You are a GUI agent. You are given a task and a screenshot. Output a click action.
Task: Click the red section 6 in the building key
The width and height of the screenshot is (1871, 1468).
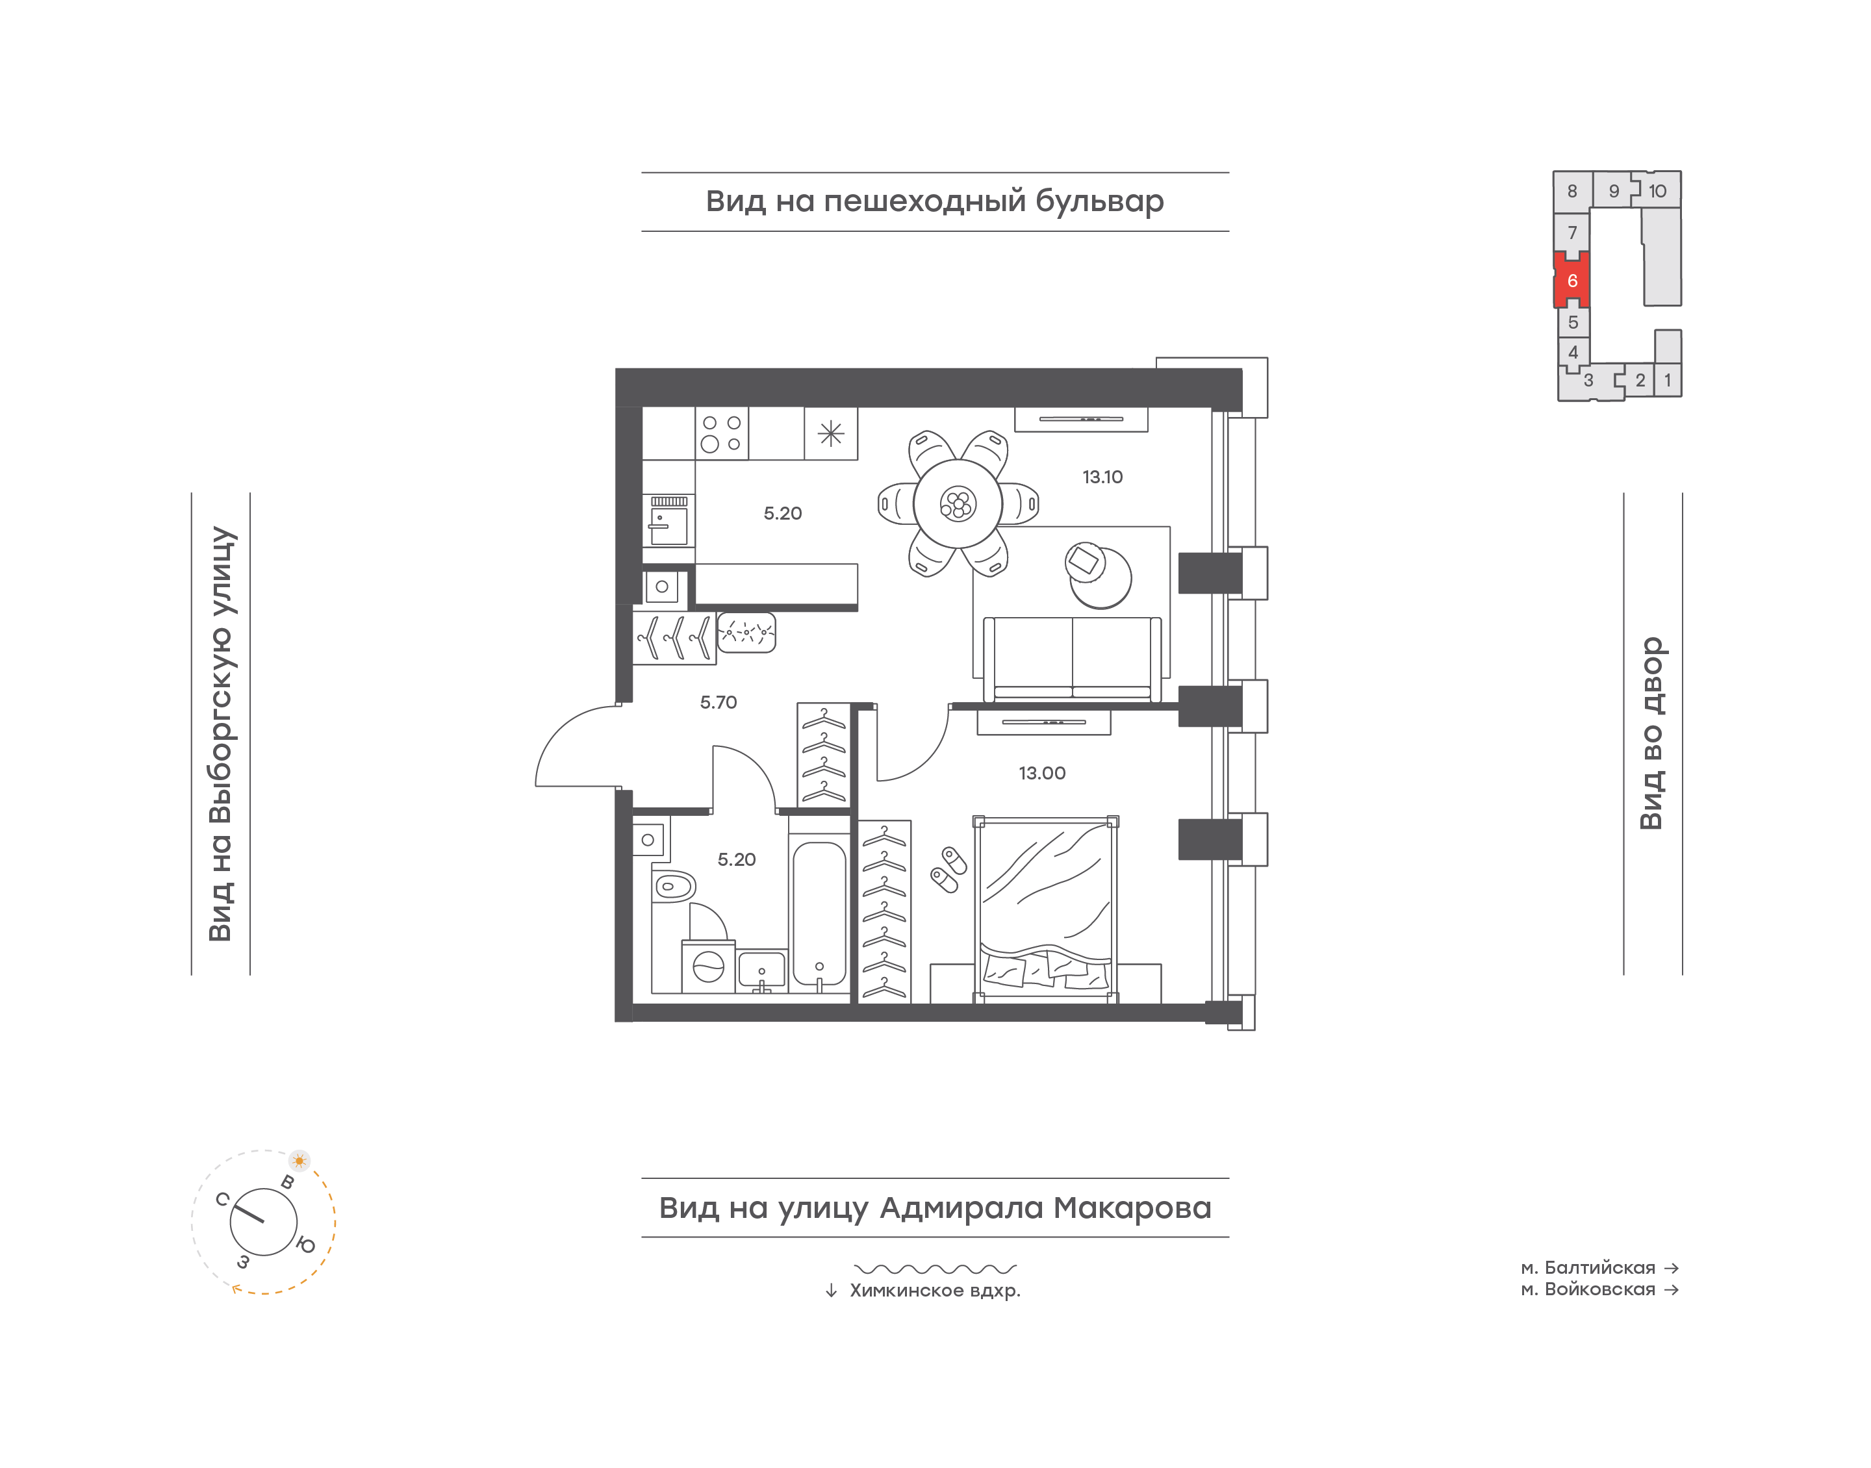[x=1572, y=280]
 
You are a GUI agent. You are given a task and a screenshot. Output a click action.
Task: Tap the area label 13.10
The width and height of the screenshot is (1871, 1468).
[x=1102, y=477]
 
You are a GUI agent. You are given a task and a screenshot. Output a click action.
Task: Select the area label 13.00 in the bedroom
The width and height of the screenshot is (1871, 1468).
[x=1041, y=774]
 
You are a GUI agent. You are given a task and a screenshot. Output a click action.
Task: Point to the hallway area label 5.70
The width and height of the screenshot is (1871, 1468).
[x=719, y=703]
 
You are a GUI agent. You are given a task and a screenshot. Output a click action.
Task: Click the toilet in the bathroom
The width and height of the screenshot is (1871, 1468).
[x=673, y=885]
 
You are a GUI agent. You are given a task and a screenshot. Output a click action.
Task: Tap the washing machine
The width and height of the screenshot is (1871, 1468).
[x=708, y=967]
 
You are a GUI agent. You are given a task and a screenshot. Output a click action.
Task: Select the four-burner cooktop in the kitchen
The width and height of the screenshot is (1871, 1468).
[x=721, y=433]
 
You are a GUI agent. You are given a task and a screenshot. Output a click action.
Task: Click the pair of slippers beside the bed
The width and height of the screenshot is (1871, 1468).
[x=949, y=870]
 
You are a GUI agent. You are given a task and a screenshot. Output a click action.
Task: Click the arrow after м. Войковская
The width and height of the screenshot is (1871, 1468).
[x=1671, y=1289]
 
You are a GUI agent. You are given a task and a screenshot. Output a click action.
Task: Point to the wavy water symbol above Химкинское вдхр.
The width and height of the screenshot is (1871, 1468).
[x=935, y=1269]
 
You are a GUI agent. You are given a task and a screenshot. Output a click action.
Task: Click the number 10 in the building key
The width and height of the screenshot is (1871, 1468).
[x=1657, y=192]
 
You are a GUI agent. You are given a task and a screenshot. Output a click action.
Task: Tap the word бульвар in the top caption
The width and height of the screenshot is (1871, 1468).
[x=1099, y=201]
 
